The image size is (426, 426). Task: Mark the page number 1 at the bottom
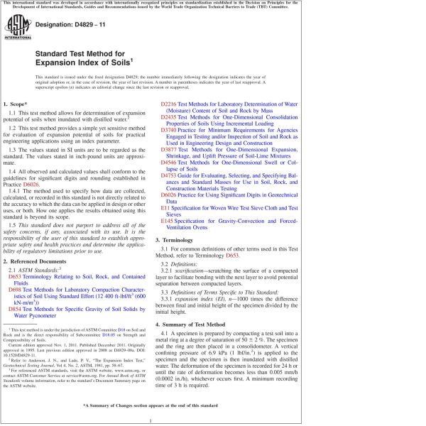click(213, 420)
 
